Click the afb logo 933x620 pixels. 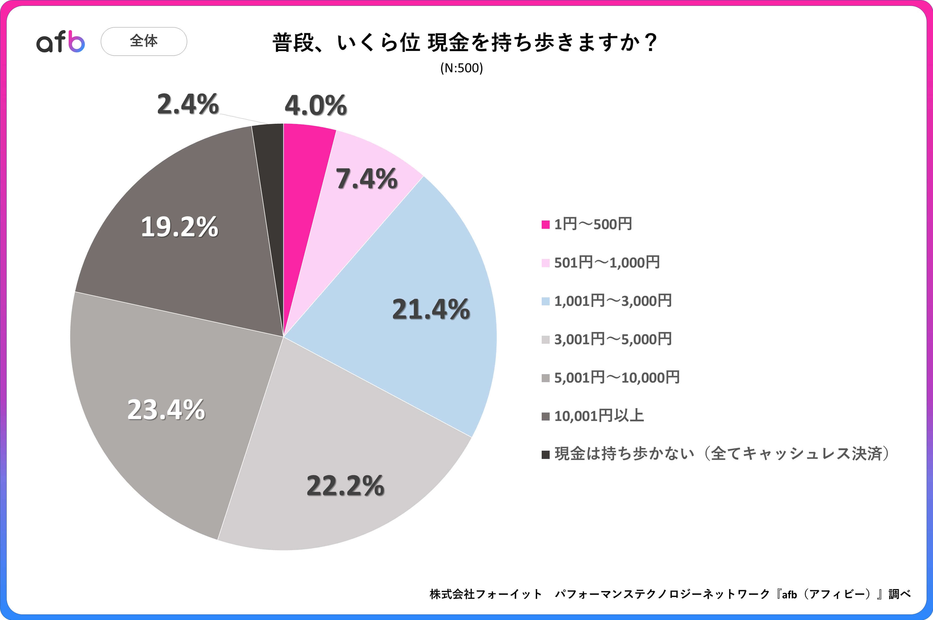tap(61, 42)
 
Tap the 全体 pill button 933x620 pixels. tap(144, 41)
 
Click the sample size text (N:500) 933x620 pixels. tap(461, 68)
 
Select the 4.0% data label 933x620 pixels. tap(315, 106)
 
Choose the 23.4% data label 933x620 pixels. tap(166, 409)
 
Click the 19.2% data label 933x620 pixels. tap(179, 227)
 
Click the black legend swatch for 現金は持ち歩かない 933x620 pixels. tap(546, 454)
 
